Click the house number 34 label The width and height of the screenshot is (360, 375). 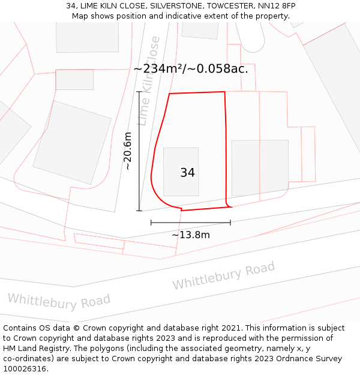[187, 173]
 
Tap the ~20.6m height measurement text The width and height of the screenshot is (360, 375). [128, 151]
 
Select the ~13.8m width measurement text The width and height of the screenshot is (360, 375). [191, 235]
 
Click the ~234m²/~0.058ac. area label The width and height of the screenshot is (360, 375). [191, 68]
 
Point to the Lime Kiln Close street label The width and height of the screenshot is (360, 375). [149, 81]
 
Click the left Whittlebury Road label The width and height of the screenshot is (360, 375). [59, 301]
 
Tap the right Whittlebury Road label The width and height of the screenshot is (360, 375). [223, 275]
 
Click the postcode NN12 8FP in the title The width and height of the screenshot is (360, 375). [278, 6]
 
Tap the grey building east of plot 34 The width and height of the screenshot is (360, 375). [259, 167]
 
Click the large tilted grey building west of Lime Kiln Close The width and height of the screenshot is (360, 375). [71, 142]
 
